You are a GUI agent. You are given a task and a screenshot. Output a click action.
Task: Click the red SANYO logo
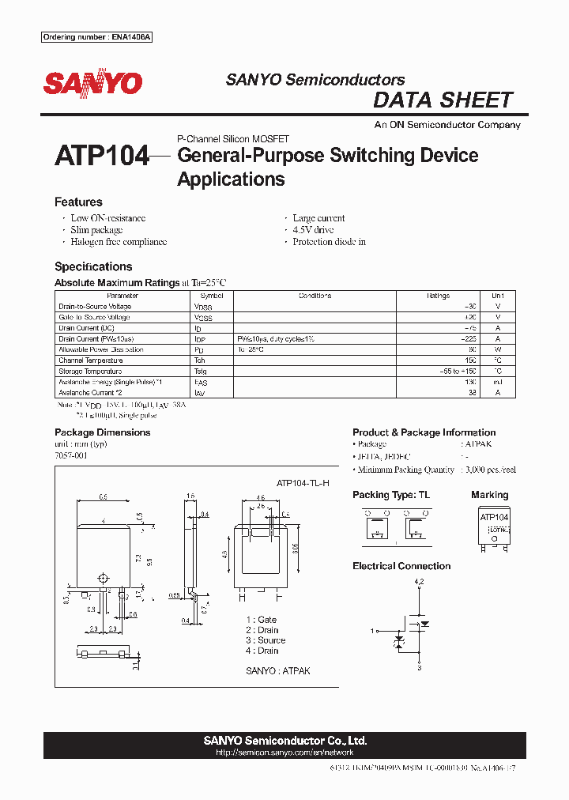(x=92, y=83)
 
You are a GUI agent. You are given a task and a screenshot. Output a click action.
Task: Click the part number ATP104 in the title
(x=101, y=157)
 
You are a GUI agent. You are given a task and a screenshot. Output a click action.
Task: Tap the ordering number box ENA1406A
(x=96, y=38)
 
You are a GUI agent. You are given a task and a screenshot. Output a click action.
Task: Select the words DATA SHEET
(x=443, y=100)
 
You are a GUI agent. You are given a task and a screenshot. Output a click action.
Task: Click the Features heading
(x=78, y=202)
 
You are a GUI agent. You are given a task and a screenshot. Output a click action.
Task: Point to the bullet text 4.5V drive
(x=313, y=230)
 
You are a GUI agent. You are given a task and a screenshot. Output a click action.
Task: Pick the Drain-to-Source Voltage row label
(x=95, y=307)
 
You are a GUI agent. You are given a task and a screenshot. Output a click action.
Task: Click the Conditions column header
(x=315, y=296)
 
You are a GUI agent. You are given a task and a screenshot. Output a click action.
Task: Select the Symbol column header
(x=212, y=296)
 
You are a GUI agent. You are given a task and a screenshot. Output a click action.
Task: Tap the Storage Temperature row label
(x=90, y=372)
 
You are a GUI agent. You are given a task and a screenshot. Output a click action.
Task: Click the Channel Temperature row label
(x=90, y=360)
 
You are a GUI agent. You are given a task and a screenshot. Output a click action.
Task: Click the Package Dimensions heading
(x=102, y=432)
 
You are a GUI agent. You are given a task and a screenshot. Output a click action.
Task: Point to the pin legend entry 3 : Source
(x=266, y=640)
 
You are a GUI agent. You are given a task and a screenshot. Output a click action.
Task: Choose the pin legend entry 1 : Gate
(x=261, y=620)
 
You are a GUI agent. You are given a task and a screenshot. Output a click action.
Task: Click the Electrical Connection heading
(x=401, y=566)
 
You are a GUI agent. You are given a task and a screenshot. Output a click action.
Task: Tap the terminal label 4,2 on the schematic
(x=419, y=582)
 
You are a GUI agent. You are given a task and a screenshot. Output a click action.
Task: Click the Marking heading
(x=489, y=495)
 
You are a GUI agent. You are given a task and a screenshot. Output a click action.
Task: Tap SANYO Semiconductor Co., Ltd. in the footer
(x=284, y=741)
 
